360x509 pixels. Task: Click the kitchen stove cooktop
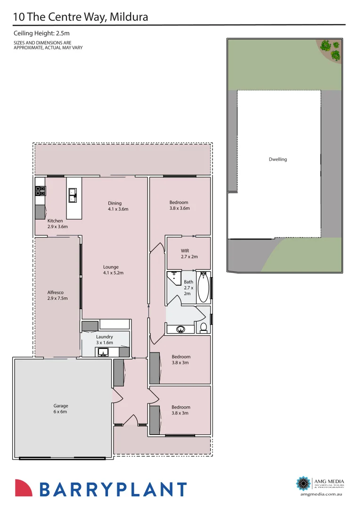coord(40,191)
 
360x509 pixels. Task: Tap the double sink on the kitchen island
coord(73,195)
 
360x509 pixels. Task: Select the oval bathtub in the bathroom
coord(203,287)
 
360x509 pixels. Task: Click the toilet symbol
coord(204,327)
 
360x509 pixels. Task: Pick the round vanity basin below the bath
coord(180,329)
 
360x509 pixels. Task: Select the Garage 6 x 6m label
coord(61,409)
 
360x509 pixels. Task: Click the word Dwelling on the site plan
coord(278,159)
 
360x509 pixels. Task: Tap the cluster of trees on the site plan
coord(331,49)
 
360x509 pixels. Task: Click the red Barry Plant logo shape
coord(24,488)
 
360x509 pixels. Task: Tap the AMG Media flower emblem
coord(303,483)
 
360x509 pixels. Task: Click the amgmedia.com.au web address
coord(322,494)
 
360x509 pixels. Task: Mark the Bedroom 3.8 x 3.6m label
coord(179,205)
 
